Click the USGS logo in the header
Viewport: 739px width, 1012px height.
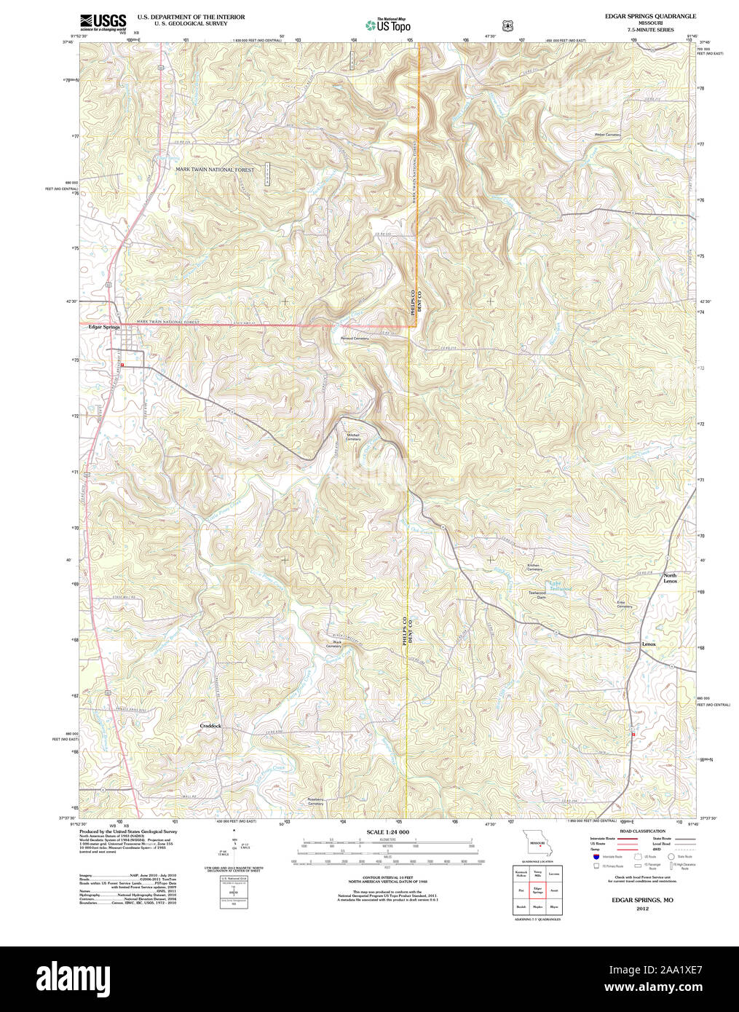pyautogui.click(x=102, y=22)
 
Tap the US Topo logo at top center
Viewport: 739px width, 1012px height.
pyautogui.click(x=387, y=25)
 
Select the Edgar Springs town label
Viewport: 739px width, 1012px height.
pyautogui.click(x=103, y=328)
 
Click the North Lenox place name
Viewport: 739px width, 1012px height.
pyautogui.click(x=670, y=578)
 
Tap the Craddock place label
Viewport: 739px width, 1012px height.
pyautogui.click(x=210, y=726)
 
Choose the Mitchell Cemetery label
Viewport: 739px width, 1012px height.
pyautogui.click(x=353, y=437)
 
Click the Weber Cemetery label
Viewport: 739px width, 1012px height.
pyautogui.click(x=607, y=135)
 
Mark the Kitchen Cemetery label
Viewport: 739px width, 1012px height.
pyautogui.click(x=534, y=567)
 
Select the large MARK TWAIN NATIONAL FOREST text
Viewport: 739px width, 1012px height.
pyautogui.click(x=215, y=170)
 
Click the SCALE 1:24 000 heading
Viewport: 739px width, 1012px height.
pyautogui.click(x=387, y=831)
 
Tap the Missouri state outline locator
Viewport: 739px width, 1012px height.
pyautogui.click(x=537, y=845)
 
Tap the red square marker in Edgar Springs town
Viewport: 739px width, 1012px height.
pyautogui.click(x=123, y=364)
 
